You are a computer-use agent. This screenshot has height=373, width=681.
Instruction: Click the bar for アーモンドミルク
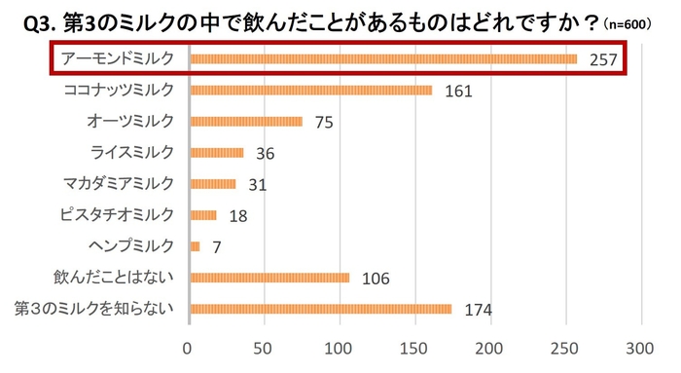(384, 59)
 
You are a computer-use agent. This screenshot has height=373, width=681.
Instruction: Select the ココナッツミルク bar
(311, 91)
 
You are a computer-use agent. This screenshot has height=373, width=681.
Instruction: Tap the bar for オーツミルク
(247, 122)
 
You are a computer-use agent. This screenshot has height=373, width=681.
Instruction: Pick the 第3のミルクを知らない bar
(321, 310)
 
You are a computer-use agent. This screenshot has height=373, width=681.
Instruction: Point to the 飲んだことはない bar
(270, 279)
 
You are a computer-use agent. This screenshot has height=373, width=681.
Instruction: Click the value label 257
(604, 60)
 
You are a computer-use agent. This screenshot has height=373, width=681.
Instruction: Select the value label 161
(457, 92)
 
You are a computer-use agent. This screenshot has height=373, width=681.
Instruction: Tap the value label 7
(216, 247)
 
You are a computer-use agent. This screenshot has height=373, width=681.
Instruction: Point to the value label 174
(478, 311)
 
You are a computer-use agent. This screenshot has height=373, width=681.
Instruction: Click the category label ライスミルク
(131, 152)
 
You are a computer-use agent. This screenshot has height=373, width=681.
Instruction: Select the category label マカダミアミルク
(118, 183)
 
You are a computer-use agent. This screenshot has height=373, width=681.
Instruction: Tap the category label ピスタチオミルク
(118, 214)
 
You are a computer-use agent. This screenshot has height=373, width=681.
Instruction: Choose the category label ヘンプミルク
(131, 245)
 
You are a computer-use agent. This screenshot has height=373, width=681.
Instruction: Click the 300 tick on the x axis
(640, 348)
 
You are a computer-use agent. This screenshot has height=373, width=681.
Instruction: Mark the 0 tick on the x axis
(189, 348)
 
